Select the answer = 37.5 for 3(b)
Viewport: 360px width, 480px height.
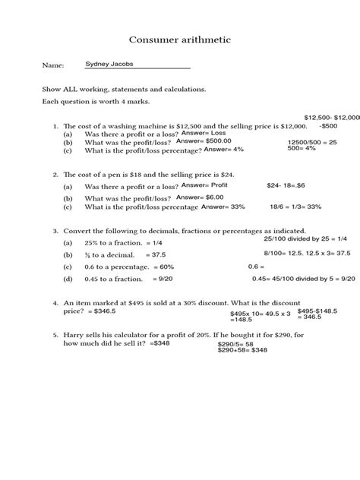point(162,254)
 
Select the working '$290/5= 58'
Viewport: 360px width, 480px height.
point(234,343)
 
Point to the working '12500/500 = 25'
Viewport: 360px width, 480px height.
point(312,142)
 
